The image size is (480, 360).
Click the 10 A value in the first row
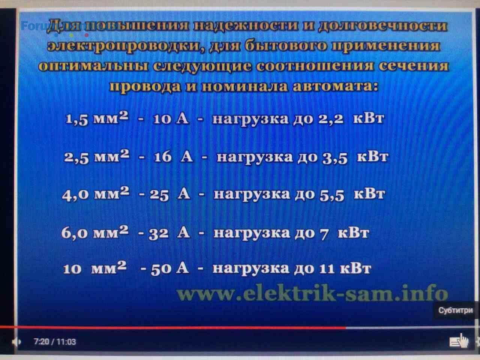point(171,119)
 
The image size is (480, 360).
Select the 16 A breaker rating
point(174,157)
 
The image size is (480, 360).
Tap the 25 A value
point(170,194)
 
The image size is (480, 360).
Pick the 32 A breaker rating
point(169,233)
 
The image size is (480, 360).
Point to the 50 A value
point(170,268)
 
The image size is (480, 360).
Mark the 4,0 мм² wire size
point(96,193)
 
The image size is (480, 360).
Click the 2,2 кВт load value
point(351,119)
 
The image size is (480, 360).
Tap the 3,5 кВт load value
point(355,157)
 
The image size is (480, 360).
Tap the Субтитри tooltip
point(455,310)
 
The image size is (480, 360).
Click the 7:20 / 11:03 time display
point(55,341)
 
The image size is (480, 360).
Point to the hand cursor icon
point(463,341)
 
